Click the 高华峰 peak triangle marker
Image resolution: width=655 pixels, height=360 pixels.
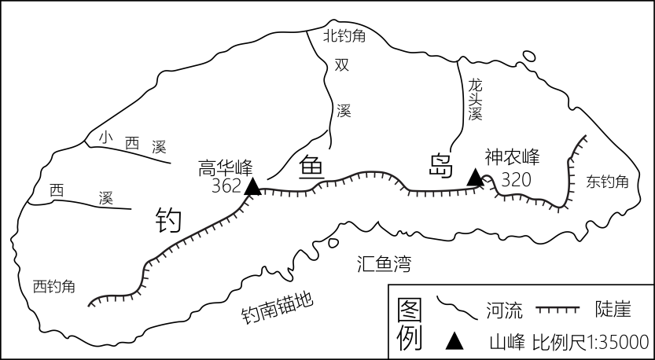pos(252,187)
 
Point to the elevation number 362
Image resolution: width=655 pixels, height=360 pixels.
pos(226,186)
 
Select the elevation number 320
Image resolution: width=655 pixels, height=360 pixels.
pos(516,180)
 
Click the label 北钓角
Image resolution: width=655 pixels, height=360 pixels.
pos(344,36)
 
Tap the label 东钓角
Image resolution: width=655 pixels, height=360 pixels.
pos(607,182)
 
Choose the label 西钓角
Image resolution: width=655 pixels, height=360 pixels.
pos(54,287)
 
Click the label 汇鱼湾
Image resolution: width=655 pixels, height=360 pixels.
pos(385,264)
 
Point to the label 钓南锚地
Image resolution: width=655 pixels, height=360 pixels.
pos(278,308)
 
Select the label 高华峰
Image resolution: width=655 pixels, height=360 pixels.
pos(226,168)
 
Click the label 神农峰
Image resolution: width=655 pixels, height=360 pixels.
pos(512,157)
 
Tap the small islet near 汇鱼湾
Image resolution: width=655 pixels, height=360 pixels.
pos(333,243)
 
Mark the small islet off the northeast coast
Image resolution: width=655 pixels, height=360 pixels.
pos(528,56)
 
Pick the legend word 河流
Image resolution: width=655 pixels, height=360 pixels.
pos(504,310)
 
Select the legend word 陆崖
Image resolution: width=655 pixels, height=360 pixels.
pos(613,310)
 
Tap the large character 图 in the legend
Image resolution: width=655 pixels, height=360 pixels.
pos(410,310)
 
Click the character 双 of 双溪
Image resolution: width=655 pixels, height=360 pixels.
pos(342,64)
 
